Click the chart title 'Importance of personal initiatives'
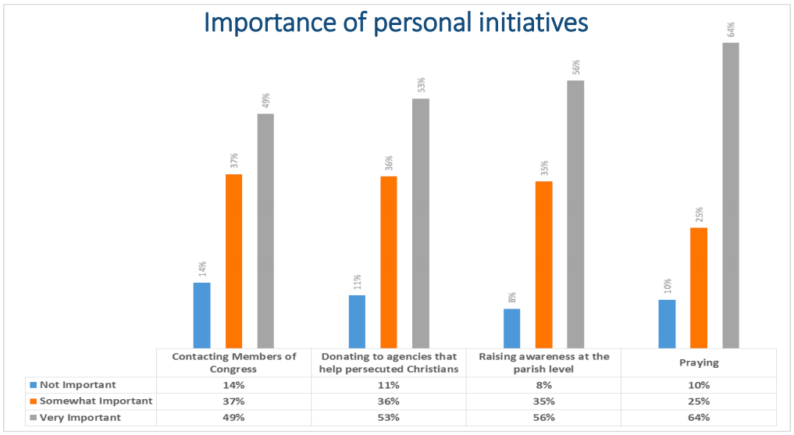[x=396, y=23]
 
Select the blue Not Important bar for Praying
[x=667, y=323]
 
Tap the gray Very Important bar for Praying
[x=730, y=195]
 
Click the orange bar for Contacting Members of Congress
[x=233, y=261]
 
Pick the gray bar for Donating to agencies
[x=421, y=223]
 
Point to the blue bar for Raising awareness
[x=511, y=328]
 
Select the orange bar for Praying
[x=699, y=287]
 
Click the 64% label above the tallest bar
[x=731, y=30]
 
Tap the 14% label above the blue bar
[x=202, y=269]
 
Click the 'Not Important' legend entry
[x=78, y=384]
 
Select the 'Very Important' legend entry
[x=80, y=417]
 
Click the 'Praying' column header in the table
[x=699, y=362]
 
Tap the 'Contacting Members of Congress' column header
[x=234, y=362]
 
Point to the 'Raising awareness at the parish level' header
[x=543, y=362]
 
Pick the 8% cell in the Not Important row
[x=543, y=384]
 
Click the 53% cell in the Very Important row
[x=388, y=417]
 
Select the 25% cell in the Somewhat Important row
[x=699, y=401]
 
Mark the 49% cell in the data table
[x=234, y=417]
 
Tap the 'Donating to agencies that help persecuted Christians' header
[x=388, y=362]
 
